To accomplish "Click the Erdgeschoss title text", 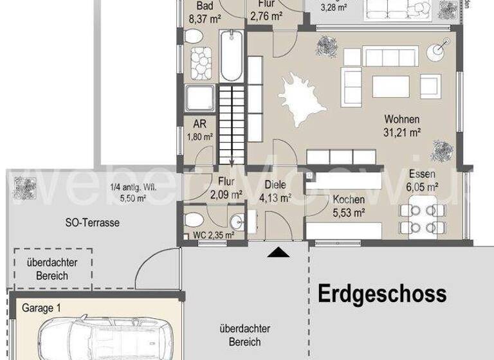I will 382,294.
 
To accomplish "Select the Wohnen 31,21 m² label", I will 402,126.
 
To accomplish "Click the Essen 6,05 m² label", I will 421,180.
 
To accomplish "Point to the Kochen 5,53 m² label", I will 349,206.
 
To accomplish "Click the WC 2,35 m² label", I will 214,235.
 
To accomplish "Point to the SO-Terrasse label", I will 92,223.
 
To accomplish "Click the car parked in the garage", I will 103,339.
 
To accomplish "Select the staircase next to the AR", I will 232,125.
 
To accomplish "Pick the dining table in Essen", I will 423,217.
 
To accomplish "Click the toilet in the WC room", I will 194,219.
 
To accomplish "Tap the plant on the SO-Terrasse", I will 24,188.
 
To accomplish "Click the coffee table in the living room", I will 390,87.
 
